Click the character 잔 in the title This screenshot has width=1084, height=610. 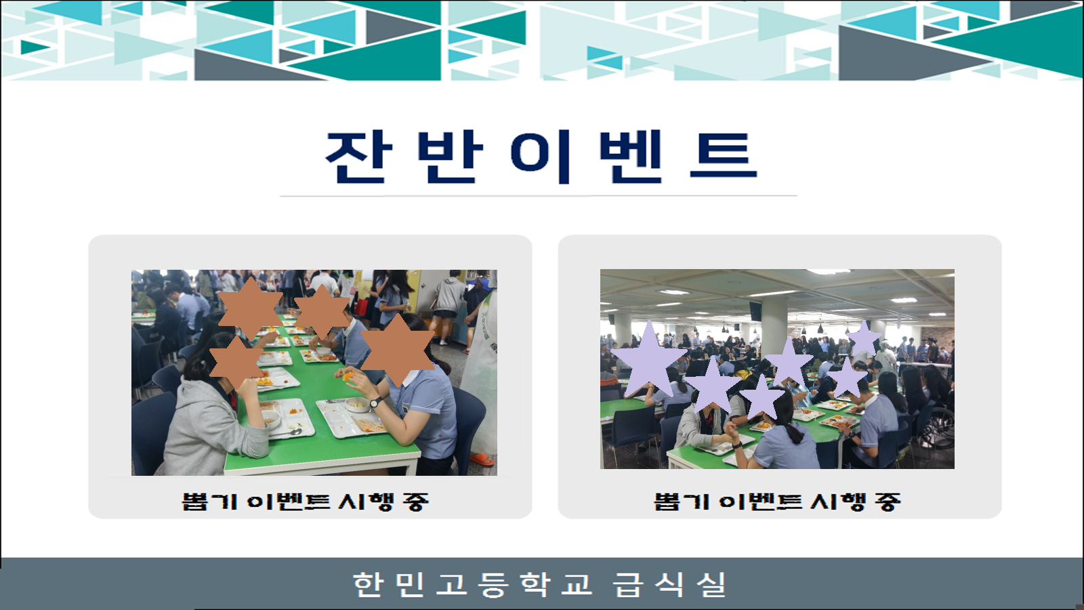(358, 157)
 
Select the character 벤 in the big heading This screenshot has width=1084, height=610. (630, 157)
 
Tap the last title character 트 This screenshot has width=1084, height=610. (723, 156)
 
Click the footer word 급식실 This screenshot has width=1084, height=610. (670, 584)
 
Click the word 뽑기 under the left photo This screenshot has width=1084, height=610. (209, 502)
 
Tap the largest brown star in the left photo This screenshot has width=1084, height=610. (397, 350)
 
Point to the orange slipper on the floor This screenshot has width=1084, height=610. (482, 458)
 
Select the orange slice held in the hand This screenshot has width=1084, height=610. (348, 376)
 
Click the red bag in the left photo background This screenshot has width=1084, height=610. (361, 306)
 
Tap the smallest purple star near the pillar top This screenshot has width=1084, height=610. (864, 338)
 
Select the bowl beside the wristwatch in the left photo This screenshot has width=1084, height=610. (357, 405)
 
